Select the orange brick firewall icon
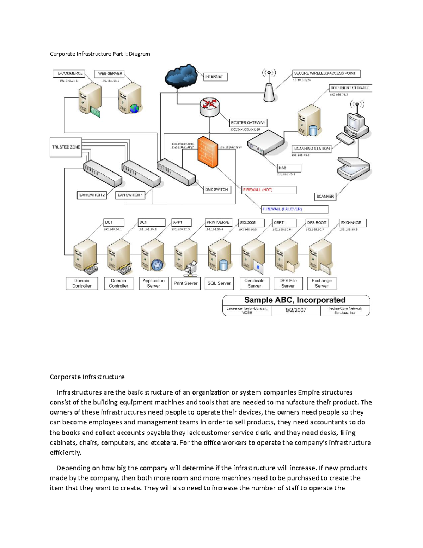208,152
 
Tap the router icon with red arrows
209,107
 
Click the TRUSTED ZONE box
66,147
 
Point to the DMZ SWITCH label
217,190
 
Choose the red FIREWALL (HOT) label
269,190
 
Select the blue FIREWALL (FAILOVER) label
295,209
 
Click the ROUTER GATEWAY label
248,123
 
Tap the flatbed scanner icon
353,168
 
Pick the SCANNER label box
325,197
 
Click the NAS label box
289,168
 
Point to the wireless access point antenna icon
269,86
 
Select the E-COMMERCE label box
69,73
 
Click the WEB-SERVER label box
110,74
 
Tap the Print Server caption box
185,283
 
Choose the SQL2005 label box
251,223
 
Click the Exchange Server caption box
321,283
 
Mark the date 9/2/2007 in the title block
296,310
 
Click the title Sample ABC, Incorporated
295,300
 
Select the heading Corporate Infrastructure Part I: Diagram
100,54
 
